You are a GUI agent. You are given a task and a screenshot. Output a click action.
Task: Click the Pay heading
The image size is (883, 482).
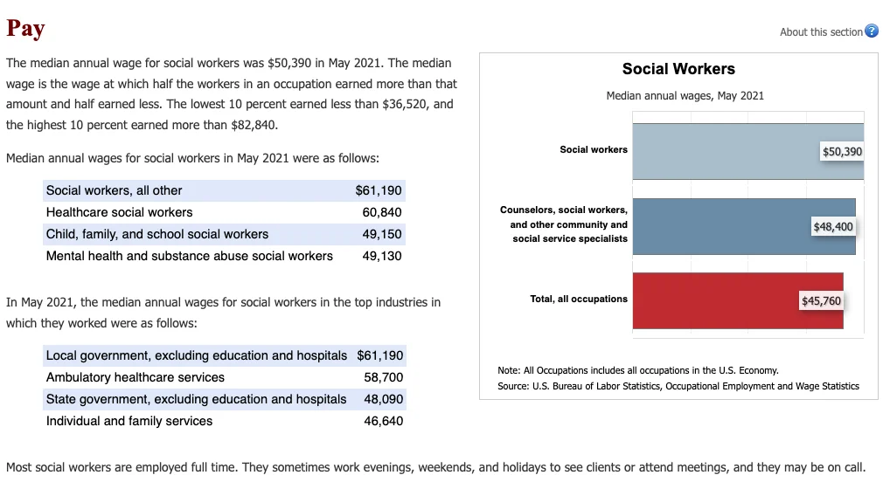[x=25, y=28]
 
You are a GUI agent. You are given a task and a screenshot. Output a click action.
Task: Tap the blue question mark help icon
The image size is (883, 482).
[x=871, y=31]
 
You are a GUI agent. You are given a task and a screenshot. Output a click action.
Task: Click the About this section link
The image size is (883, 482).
[x=821, y=32]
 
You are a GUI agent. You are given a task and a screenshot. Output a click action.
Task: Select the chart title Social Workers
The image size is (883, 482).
[x=678, y=69]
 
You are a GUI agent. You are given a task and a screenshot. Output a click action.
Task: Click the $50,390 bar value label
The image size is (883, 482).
[x=842, y=152]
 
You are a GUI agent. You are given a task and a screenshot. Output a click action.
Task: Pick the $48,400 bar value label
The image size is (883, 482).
[x=832, y=227]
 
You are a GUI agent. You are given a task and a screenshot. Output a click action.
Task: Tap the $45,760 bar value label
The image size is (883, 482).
[x=821, y=301]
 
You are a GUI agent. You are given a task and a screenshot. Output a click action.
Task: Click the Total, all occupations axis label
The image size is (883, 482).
[x=578, y=299]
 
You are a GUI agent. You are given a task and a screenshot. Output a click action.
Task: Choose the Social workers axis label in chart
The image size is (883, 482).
[x=593, y=149]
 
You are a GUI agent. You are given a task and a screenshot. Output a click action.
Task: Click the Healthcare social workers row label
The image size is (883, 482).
[x=119, y=212]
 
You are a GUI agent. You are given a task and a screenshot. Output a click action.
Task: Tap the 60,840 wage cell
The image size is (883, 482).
[x=382, y=212]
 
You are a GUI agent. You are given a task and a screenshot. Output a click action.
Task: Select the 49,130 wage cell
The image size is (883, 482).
[x=382, y=256]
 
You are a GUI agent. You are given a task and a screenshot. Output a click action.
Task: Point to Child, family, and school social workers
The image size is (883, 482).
[x=157, y=234]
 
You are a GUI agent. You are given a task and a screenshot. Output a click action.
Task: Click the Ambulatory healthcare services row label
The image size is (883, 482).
[x=135, y=377]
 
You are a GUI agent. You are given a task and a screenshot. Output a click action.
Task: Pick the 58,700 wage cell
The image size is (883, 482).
[x=383, y=377]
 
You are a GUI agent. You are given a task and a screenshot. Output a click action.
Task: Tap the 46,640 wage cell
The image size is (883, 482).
[x=383, y=421]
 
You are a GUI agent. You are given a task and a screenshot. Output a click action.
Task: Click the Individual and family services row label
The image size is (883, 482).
[x=129, y=421]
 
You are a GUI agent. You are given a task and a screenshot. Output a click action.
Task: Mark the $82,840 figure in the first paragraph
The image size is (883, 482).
[x=251, y=125]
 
